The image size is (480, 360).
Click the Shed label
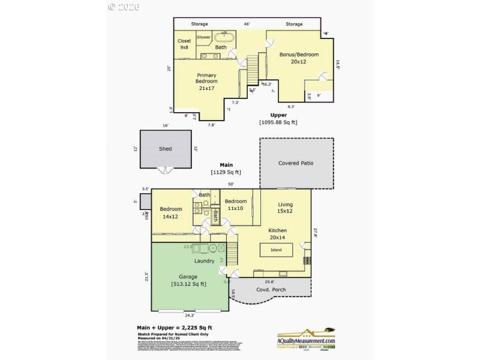(x=165, y=149)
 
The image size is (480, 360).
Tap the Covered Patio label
(x=296, y=163)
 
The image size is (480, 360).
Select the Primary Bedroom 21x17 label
(x=206, y=81)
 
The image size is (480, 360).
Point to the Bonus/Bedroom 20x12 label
(x=299, y=58)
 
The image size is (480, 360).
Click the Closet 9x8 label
(x=184, y=44)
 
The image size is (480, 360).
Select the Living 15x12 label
(x=285, y=208)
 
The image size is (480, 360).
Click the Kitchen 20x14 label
(x=277, y=234)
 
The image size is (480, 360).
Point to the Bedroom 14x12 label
(x=171, y=212)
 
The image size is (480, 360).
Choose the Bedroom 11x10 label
(x=236, y=205)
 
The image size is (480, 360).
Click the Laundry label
(x=204, y=261)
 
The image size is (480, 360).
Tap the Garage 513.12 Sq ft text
(x=188, y=280)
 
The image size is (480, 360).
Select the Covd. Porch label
(x=271, y=290)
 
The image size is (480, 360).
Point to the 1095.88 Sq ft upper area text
(x=278, y=122)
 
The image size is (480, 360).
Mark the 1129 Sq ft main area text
(x=226, y=172)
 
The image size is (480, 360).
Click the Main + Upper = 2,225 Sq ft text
(x=175, y=328)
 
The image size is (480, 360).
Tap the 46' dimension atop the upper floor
(x=246, y=24)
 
